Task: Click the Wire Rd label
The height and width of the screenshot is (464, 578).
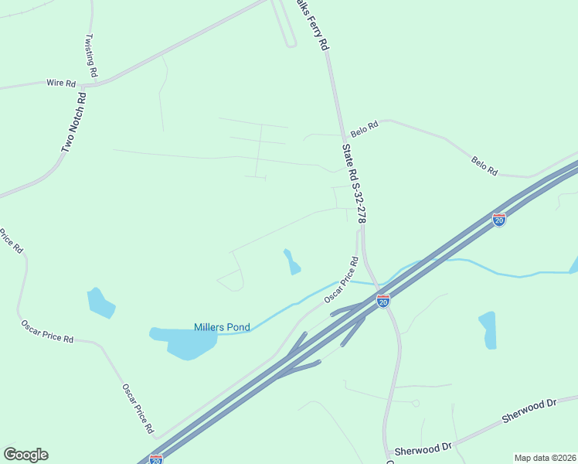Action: pos(61,82)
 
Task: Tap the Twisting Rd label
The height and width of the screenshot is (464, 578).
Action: pos(90,55)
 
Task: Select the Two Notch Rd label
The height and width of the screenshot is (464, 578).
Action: pos(74,121)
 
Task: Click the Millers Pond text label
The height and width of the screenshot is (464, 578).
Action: pos(222,327)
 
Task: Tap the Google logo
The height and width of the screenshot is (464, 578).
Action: pos(25,455)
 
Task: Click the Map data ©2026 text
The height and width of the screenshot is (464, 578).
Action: pos(545,458)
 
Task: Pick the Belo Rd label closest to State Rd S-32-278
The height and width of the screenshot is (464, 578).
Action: pos(364,126)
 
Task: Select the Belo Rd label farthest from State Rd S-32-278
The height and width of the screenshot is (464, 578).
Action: pos(484,165)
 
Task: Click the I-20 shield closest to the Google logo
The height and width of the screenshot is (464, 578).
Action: pos(156,459)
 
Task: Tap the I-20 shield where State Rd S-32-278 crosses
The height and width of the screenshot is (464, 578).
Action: pos(383,300)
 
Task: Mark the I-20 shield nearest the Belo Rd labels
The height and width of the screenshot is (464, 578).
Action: pos(499,220)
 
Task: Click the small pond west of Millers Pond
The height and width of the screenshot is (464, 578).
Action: pos(101,302)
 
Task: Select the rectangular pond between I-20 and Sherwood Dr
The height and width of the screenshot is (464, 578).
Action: pos(487,329)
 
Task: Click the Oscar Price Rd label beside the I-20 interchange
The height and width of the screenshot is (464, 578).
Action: pos(342,280)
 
